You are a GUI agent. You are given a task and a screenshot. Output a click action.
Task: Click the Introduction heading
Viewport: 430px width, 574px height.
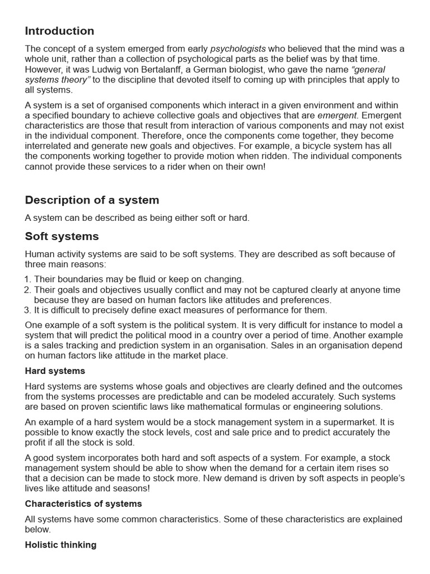pos(59,31)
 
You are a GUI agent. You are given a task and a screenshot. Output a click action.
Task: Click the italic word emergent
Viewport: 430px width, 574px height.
pos(337,115)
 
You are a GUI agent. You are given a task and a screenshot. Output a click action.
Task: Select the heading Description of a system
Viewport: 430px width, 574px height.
pos(92,200)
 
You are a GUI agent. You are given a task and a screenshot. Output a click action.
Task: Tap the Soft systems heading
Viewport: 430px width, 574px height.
pos(62,236)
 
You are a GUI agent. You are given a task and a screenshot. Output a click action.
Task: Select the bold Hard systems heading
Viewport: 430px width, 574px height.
pos(55,371)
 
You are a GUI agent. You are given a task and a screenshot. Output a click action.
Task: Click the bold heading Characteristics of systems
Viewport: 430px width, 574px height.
pos(83,504)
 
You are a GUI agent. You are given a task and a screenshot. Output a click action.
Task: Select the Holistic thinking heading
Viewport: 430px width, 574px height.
pos(60,545)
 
